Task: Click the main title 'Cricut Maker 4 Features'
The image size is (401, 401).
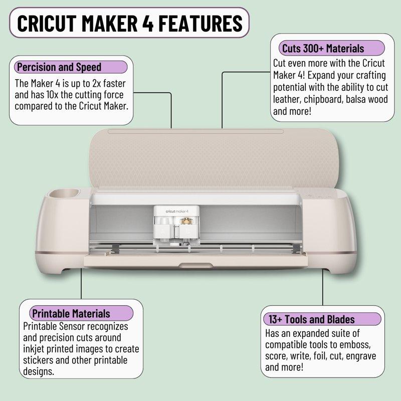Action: coord(129,23)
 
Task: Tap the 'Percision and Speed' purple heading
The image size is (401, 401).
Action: coord(59,67)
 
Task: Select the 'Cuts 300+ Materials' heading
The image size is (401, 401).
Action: coord(323,49)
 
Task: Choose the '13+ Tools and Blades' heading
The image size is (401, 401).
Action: coord(312,319)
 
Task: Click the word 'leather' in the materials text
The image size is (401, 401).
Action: coord(287,100)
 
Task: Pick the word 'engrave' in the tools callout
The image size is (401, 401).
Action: coord(371,356)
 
